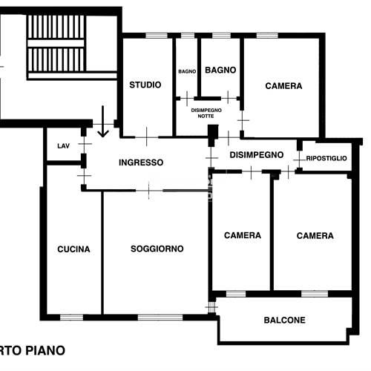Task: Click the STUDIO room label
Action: point(145,85)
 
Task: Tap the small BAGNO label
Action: point(187,71)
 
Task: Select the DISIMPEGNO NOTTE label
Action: point(206,113)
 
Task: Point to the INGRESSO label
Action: point(141,162)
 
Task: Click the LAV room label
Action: point(63,146)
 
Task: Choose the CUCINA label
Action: point(73,249)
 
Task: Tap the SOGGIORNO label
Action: point(157,249)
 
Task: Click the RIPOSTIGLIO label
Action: point(326,158)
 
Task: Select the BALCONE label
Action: point(284,320)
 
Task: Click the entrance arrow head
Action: point(103,134)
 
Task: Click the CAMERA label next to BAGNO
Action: point(283,86)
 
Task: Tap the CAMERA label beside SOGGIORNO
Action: point(243,235)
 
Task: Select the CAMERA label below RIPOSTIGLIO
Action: point(315,236)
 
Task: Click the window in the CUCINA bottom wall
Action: point(71,318)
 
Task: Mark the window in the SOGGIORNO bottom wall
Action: point(160,318)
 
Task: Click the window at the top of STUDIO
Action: point(157,36)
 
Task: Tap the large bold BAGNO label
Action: point(220,70)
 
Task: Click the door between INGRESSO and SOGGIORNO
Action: point(149,191)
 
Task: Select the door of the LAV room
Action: point(85,144)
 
